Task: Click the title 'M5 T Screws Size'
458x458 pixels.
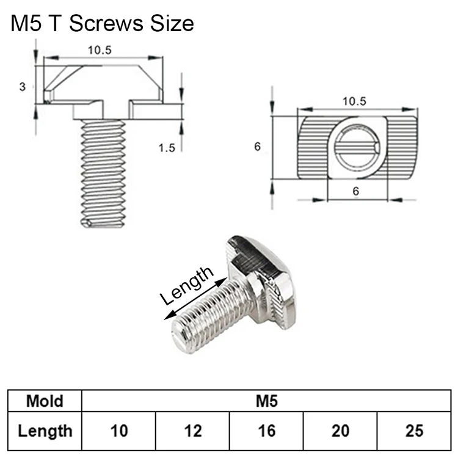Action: click(102, 23)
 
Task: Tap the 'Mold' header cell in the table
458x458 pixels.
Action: click(45, 401)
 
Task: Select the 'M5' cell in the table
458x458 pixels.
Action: click(267, 401)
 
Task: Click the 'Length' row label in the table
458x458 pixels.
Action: click(45, 431)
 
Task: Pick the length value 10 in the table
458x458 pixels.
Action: click(119, 431)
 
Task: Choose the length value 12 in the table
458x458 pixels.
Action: click(193, 431)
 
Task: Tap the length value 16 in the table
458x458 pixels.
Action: click(267, 431)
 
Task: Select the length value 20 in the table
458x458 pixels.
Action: click(340, 431)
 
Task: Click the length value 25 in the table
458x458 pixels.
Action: click(414, 431)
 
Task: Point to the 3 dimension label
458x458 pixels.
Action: click(23, 87)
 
